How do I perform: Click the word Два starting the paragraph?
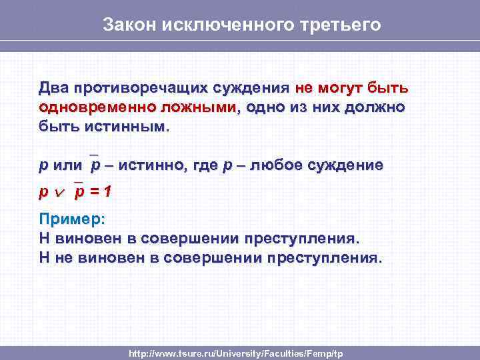coord(53,89)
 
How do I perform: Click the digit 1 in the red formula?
coord(107,193)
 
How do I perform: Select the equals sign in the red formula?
coord(93,193)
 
